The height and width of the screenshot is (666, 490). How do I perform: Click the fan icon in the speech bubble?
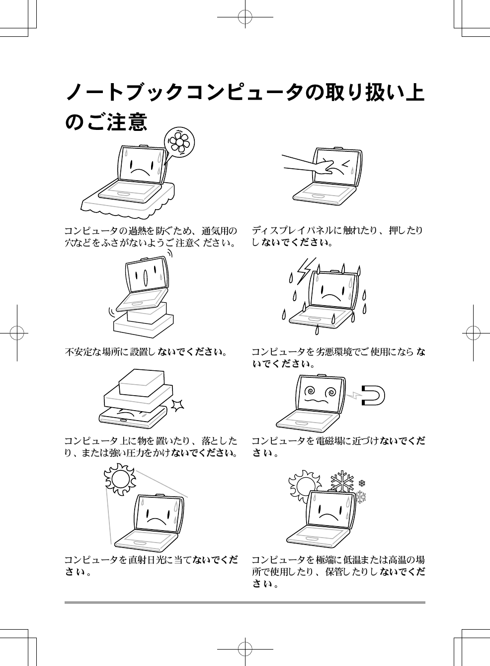(179, 142)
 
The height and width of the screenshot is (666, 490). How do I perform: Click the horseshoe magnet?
(373, 396)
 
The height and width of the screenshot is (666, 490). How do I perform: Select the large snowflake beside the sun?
(342, 481)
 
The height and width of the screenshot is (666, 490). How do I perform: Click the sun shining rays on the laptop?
(120, 479)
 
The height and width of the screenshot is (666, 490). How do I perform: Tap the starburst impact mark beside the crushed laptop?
(177, 406)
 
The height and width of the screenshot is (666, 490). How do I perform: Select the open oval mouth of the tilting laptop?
(146, 277)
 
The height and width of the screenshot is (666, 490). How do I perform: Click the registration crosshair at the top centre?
(245, 17)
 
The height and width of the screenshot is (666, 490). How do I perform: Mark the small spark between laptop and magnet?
(354, 395)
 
